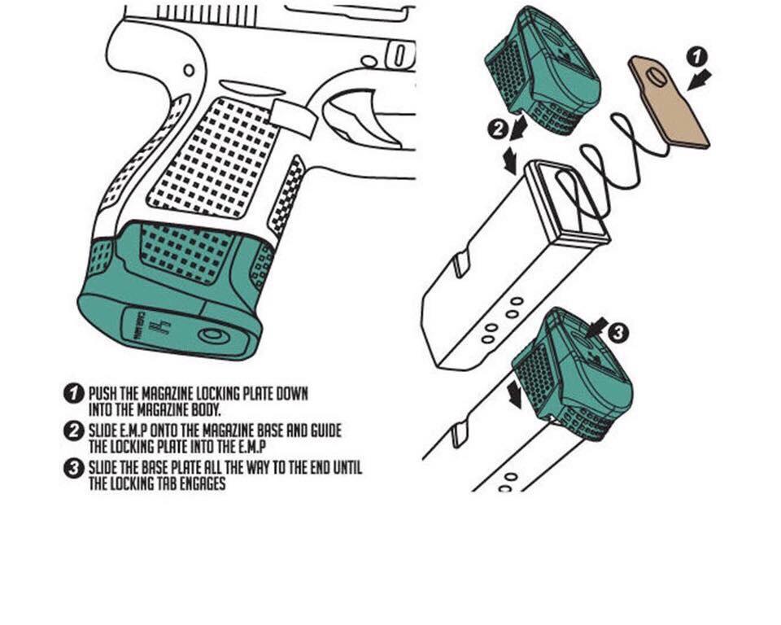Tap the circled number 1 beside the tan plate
[x=697, y=56]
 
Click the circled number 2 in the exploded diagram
[x=498, y=129]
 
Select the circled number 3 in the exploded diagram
[x=618, y=332]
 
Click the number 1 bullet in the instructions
[x=74, y=393]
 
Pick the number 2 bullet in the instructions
[x=74, y=431]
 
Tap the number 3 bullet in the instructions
[x=74, y=468]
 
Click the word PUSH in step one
[x=103, y=394]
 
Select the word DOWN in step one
[x=292, y=394]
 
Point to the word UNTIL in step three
[x=347, y=467]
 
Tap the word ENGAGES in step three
[x=202, y=483]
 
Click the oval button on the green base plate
[x=214, y=335]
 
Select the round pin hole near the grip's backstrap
[x=189, y=70]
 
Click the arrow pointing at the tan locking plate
[x=700, y=80]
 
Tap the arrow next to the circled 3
[x=597, y=327]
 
